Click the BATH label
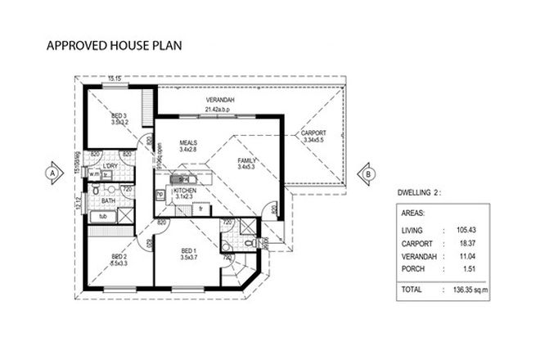(x=107, y=200)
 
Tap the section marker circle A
(x=52, y=173)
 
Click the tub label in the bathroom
(x=103, y=216)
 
